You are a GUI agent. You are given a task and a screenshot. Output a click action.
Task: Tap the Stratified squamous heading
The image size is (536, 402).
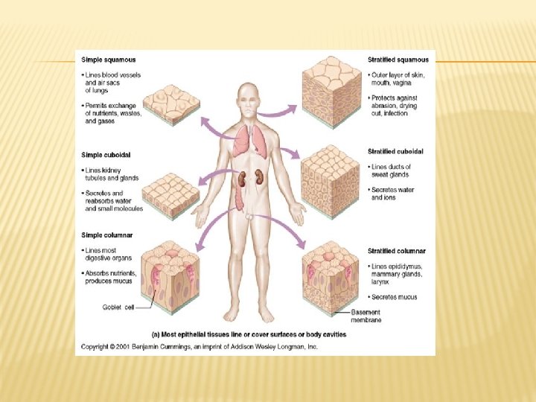[x=398, y=60]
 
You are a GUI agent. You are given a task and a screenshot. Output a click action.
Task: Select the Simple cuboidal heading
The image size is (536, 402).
[x=106, y=155]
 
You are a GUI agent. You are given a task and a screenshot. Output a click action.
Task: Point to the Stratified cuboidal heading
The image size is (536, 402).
[x=396, y=152]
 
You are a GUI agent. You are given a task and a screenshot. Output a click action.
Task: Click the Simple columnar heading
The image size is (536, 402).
[x=107, y=235]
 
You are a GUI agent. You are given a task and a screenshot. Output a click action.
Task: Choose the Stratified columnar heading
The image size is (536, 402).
[x=397, y=252]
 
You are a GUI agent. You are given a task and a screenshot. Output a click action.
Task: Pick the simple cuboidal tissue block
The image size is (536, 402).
[x=169, y=194]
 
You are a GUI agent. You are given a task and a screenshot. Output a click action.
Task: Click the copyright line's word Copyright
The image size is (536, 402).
[x=95, y=347]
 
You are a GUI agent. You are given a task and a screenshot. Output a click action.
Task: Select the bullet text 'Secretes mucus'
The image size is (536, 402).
[x=395, y=297]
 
